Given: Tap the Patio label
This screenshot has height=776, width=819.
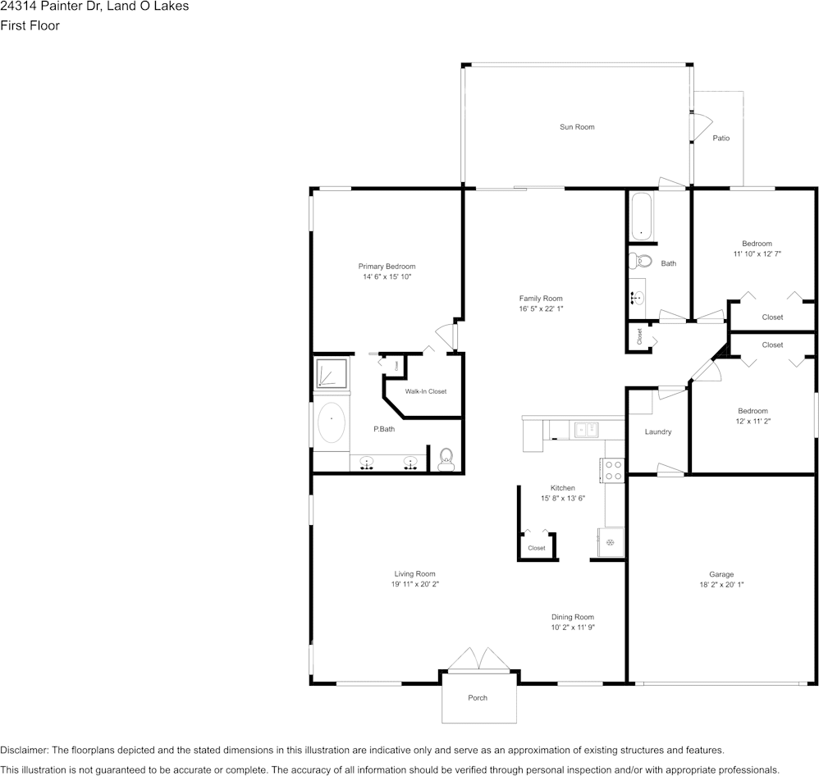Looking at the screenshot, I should coord(721,138).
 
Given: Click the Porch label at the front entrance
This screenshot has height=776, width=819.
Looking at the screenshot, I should coord(478,698).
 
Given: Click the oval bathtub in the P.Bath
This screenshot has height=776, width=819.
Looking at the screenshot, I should coord(332,423).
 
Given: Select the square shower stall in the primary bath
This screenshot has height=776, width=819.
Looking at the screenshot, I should coord(332,373).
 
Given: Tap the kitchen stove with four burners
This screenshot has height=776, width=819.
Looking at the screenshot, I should coord(612,470).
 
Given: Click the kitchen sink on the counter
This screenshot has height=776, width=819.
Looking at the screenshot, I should coord(586,428).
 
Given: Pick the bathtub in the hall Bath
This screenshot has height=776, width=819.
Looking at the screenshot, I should coord(641,216).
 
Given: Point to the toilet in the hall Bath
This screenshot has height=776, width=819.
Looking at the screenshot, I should coord(641,262).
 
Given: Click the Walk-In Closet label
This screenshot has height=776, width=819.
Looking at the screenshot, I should coord(425,391).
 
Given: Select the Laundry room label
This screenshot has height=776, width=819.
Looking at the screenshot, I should coord(658,431).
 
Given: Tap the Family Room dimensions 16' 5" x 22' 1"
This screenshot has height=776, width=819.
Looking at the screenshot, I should coord(541,309).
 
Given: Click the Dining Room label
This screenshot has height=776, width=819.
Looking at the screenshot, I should coord(572,617).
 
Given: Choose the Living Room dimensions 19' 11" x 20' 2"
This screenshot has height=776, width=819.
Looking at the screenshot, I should coord(414,585).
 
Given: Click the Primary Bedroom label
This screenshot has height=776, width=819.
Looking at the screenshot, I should coord(387,267).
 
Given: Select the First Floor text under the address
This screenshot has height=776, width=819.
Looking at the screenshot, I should coord(30,25).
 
